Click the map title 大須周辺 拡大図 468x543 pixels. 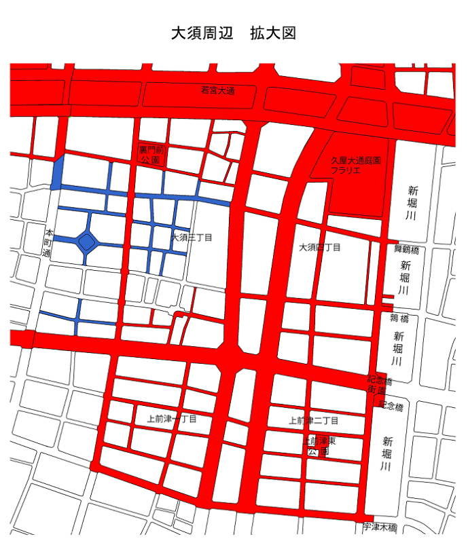tap(234, 33)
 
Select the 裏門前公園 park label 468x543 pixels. tap(149, 155)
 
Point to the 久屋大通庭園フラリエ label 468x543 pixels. tap(355, 166)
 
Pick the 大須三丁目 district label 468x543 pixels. tap(192, 238)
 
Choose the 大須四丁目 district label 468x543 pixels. tap(320, 248)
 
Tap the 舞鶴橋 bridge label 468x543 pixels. tap(406, 249)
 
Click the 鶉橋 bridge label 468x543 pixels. tap(399, 317)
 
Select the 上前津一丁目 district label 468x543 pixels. tap(171, 419)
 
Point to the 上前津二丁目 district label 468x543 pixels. tap(313, 421)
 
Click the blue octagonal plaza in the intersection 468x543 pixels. tap(86, 241)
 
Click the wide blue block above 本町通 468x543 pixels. tap(58, 172)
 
